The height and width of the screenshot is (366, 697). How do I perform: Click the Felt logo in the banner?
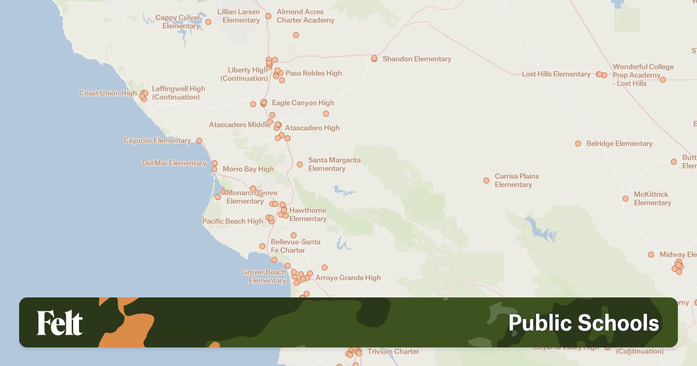60,323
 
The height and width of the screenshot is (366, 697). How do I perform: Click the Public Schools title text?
583,323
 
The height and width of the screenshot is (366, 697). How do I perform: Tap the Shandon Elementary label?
416,59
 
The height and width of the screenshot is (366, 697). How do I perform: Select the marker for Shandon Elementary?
374,59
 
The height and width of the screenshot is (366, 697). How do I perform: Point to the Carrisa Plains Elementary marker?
486,181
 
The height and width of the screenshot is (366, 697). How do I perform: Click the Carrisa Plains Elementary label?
516,180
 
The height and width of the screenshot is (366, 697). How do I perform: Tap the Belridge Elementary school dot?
578,143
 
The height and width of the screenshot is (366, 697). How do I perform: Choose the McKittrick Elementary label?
652,199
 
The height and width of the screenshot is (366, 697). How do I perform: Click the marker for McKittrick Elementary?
626,199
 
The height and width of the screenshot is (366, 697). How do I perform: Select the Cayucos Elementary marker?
199,141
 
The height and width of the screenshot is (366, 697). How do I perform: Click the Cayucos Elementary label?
157,141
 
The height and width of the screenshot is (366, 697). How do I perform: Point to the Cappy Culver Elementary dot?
209,22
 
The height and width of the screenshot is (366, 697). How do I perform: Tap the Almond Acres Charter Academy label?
306,16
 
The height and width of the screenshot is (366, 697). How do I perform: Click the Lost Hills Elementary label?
556,74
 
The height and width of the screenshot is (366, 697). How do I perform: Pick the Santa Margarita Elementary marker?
300,164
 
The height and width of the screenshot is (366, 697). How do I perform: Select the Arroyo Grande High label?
348,278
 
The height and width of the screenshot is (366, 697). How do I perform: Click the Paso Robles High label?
314,73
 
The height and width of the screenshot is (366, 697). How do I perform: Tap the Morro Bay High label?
248,169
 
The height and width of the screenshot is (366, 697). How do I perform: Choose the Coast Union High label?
108,93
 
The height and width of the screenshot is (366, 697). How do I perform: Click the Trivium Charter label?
393,351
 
